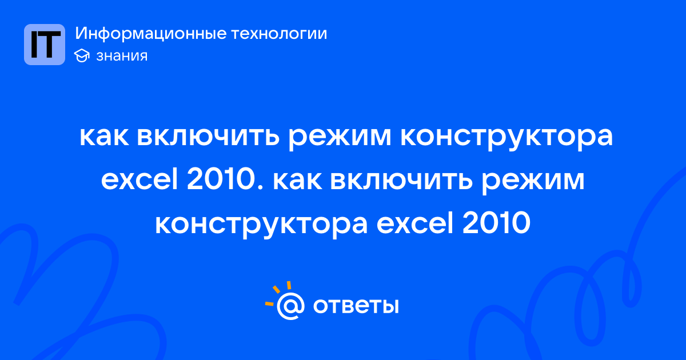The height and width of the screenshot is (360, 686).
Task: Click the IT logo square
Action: (45, 45)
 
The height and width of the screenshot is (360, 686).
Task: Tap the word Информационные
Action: (151, 33)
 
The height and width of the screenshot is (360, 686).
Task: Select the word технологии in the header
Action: (279, 33)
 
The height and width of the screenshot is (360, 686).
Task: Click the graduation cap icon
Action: (82, 55)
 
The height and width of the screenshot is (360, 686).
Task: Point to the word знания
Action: (122, 56)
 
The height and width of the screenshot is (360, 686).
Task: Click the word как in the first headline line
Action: (104, 136)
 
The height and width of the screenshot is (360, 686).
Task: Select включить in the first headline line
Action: (208, 136)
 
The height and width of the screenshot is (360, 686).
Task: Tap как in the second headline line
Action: (297, 181)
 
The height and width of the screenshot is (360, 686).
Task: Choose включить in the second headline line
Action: (401, 181)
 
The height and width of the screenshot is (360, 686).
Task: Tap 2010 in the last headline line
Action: (496, 224)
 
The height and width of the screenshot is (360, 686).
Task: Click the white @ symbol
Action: (290, 306)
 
